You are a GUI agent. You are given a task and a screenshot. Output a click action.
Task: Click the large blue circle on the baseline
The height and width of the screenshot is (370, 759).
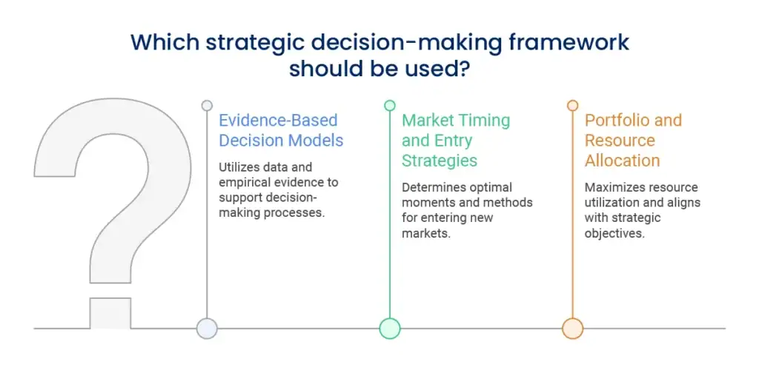click(207, 329)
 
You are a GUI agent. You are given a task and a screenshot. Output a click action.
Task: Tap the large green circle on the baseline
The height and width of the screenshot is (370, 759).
click(390, 329)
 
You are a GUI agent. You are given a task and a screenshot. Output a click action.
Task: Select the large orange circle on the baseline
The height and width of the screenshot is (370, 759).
click(573, 329)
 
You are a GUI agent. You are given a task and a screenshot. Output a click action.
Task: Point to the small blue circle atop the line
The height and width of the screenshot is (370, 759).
click(207, 105)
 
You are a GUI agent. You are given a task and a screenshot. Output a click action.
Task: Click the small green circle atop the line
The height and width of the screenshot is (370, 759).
click(390, 105)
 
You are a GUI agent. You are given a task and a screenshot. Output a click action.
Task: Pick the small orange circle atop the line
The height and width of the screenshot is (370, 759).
click(573, 105)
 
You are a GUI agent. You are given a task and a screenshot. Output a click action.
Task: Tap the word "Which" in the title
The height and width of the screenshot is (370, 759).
click(164, 42)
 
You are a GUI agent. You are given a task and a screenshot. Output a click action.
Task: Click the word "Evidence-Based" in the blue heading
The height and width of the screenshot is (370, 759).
click(279, 121)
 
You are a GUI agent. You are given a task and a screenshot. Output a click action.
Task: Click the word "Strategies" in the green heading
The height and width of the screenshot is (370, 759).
click(440, 161)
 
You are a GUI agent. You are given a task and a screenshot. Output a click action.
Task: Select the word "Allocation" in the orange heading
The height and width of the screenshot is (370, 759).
click(622, 161)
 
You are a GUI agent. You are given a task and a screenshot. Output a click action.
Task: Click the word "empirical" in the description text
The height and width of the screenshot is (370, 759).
click(241, 183)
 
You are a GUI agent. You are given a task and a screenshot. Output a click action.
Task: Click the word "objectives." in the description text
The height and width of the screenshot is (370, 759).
click(614, 233)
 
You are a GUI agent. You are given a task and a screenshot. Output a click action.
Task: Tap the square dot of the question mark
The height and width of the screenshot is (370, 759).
click(110, 313)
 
